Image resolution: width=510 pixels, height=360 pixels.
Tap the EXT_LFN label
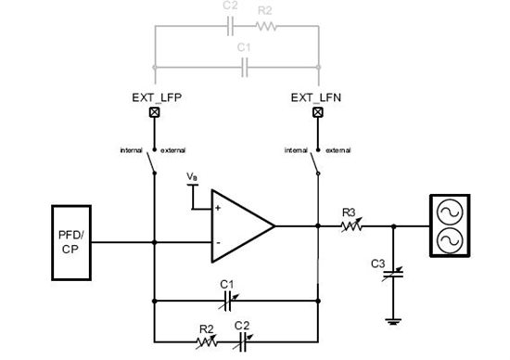coord(318,96)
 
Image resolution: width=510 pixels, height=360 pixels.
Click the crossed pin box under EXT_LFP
coord(155,113)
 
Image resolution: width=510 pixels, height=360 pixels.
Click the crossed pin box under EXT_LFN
coord(318,113)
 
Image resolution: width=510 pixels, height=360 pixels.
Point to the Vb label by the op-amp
coord(192,176)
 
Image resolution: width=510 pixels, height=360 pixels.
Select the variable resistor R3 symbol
coord(351,225)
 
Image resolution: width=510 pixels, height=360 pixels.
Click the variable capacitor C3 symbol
coord(393,272)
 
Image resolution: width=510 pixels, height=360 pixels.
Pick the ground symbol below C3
coord(393,322)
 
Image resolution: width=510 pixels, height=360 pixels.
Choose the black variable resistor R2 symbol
coord(206,341)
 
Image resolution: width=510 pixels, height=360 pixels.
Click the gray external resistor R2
coord(265,28)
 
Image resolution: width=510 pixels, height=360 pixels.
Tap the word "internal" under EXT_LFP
coord(131,149)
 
